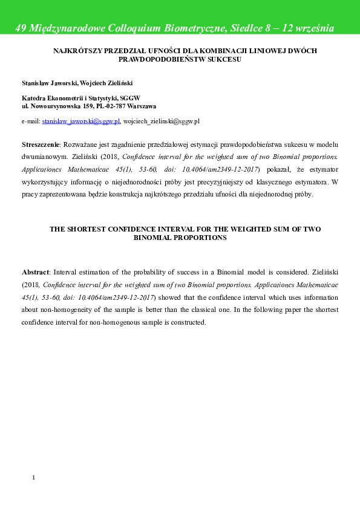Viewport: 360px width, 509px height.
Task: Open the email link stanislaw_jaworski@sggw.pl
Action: (x=81, y=121)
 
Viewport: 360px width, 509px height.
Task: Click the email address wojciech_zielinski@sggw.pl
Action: (x=161, y=121)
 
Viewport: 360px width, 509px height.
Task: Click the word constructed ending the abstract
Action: (x=189, y=322)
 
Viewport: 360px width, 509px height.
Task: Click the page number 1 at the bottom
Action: (x=34, y=478)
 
